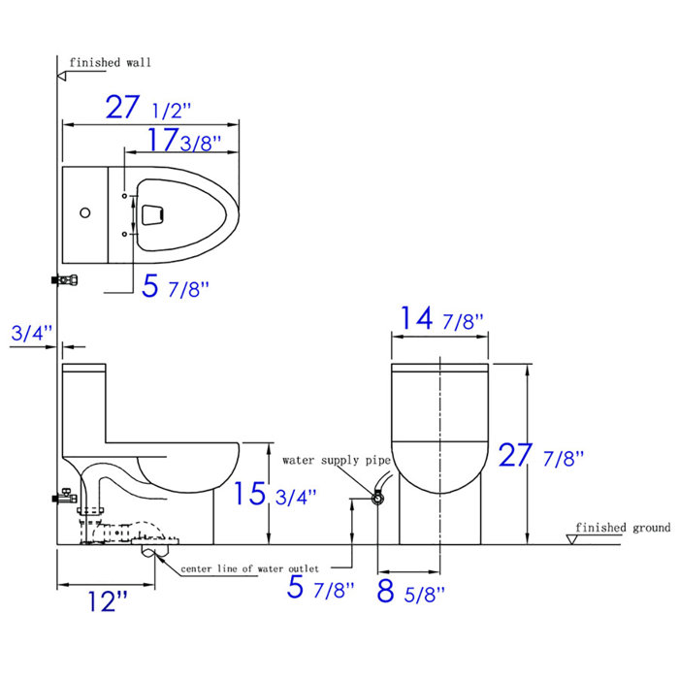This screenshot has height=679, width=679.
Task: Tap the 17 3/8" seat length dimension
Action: point(183,142)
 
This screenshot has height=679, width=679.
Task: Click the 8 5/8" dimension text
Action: point(409,589)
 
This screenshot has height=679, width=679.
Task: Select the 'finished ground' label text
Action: point(622,528)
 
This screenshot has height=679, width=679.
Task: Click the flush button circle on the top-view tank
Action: point(84,212)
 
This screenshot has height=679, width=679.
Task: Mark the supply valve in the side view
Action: point(63,499)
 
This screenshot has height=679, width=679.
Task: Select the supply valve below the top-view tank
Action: point(64,280)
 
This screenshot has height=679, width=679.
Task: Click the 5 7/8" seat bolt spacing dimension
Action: point(175,288)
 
